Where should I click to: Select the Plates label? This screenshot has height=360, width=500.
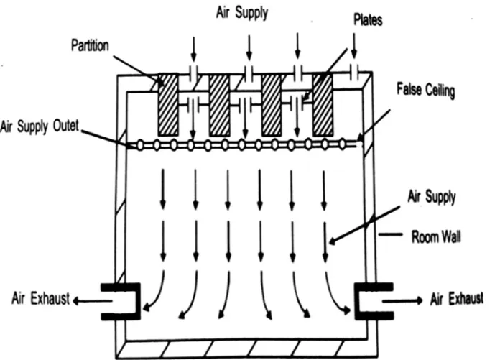367,21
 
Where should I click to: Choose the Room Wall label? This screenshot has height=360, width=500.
433,236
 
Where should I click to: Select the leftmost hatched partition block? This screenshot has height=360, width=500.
167,103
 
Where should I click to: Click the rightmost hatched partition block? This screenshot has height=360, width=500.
323,103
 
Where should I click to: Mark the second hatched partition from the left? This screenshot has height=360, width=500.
219,103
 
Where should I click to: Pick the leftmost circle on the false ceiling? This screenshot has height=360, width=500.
139,145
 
